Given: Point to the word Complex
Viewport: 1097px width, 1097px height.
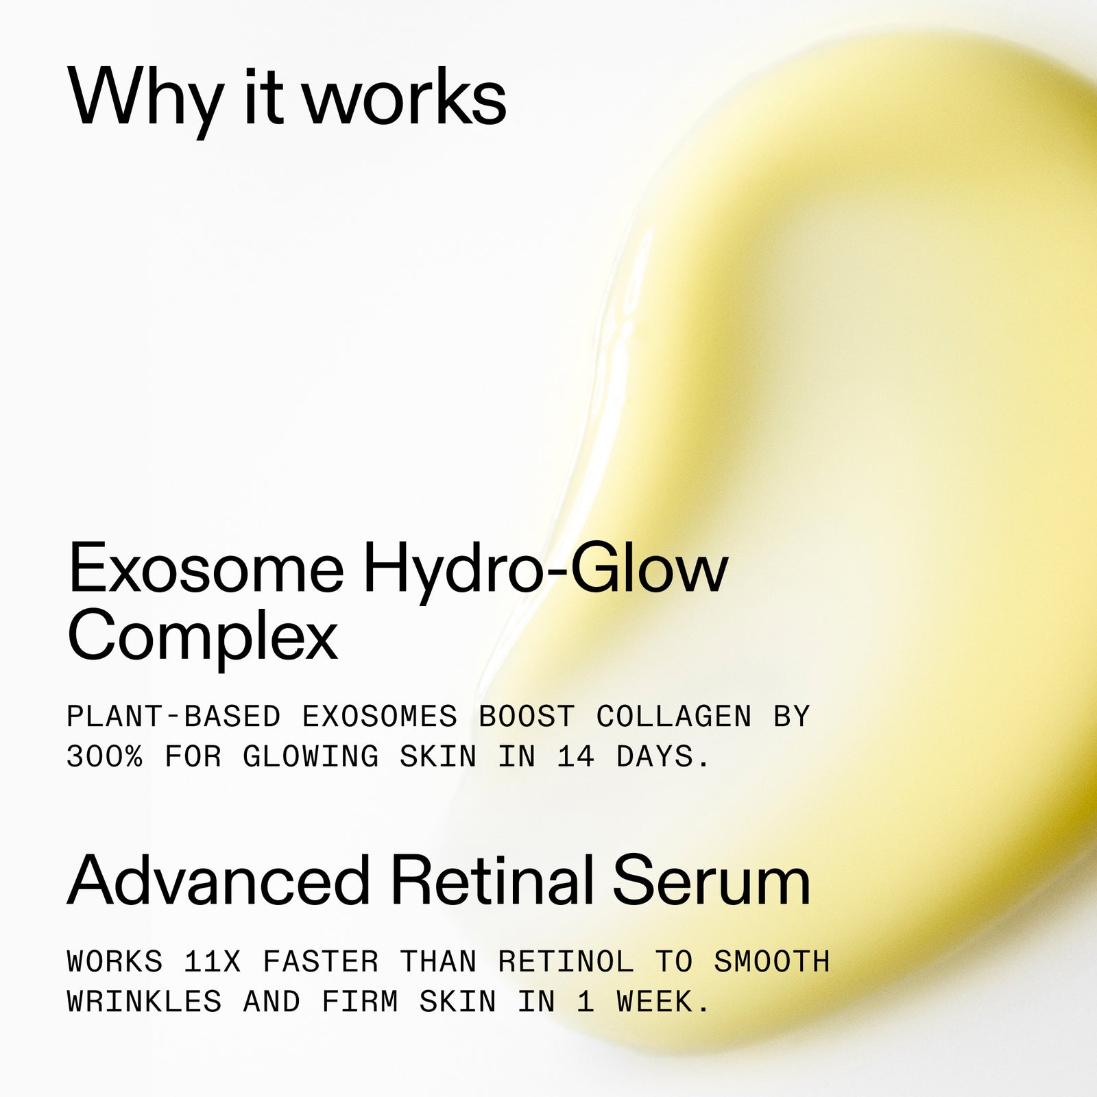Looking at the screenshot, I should click(x=203, y=636).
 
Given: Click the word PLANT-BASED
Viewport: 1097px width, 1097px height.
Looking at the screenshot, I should click(x=173, y=717).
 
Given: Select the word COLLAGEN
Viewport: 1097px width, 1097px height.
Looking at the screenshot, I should click(x=674, y=717).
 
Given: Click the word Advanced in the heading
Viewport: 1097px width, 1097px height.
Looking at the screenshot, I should click(x=219, y=882).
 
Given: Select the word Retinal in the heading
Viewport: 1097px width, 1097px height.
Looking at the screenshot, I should click(x=492, y=882).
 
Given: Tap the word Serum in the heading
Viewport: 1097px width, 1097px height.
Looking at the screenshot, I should click(x=712, y=882).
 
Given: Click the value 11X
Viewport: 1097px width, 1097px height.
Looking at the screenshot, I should click(x=213, y=962).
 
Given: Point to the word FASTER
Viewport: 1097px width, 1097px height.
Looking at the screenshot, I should click(x=321, y=962).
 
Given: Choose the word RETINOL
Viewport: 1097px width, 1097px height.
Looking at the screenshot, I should click(x=566, y=962).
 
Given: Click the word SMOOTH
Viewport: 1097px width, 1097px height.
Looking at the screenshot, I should click(x=772, y=962).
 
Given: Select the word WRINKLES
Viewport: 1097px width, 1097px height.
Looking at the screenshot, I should click(x=145, y=1002).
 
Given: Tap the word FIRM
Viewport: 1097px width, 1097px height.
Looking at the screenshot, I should click(x=360, y=1002).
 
